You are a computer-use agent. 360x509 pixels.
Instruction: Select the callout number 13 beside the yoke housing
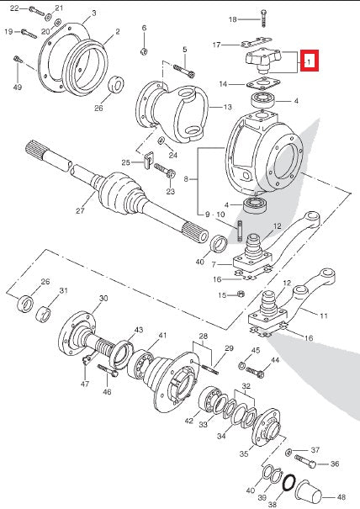[x=227, y=107]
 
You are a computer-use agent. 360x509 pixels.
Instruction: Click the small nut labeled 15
[x=241, y=294]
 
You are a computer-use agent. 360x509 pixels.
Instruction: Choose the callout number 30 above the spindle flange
[x=103, y=299]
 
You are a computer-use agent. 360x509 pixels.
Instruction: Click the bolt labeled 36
[x=312, y=464]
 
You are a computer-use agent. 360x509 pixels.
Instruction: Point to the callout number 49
[x=17, y=87]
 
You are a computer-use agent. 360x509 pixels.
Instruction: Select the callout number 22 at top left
[x=13, y=8]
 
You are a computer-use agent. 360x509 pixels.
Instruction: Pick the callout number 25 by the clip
[x=125, y=162]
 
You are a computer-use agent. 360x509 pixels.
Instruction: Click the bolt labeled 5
[x=188, y=73]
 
